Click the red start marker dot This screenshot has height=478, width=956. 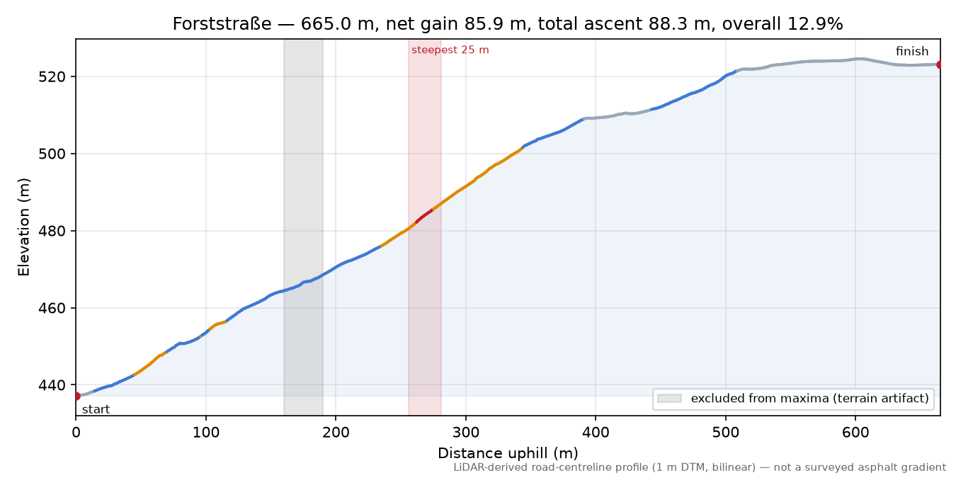(x=76, y=396)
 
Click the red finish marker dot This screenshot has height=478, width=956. (x=939, y=65)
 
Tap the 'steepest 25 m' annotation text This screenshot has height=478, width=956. (x=450, y=50)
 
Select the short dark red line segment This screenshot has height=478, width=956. (x=424, y=215)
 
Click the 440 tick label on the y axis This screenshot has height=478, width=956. (x=53, y=385)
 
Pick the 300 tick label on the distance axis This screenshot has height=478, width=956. (x=466, y=433)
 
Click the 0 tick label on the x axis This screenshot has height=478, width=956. (x=76, y=433)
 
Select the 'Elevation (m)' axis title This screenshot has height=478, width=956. (x=23, y=227)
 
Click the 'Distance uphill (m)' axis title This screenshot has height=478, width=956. (x=508, y=453)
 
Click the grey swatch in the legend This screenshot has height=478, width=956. (x=669, y=399)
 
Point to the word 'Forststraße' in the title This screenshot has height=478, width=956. (x=222, y=24)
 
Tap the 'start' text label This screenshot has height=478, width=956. (x=96, y=410)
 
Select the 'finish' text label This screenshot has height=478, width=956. (x=912, y=51)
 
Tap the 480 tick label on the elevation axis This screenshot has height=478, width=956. (x=53, y=231)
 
